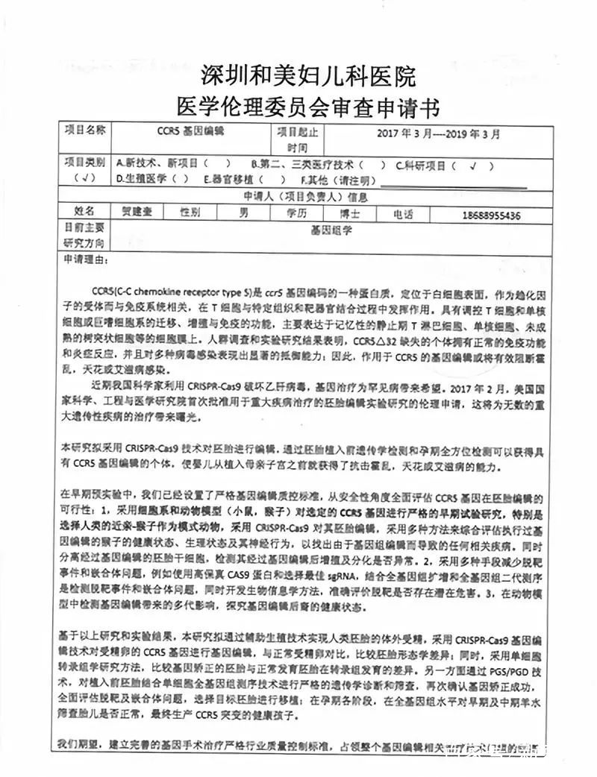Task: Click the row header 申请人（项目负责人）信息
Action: click(x=306, y=197)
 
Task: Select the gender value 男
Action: click(x=242, y=213)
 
